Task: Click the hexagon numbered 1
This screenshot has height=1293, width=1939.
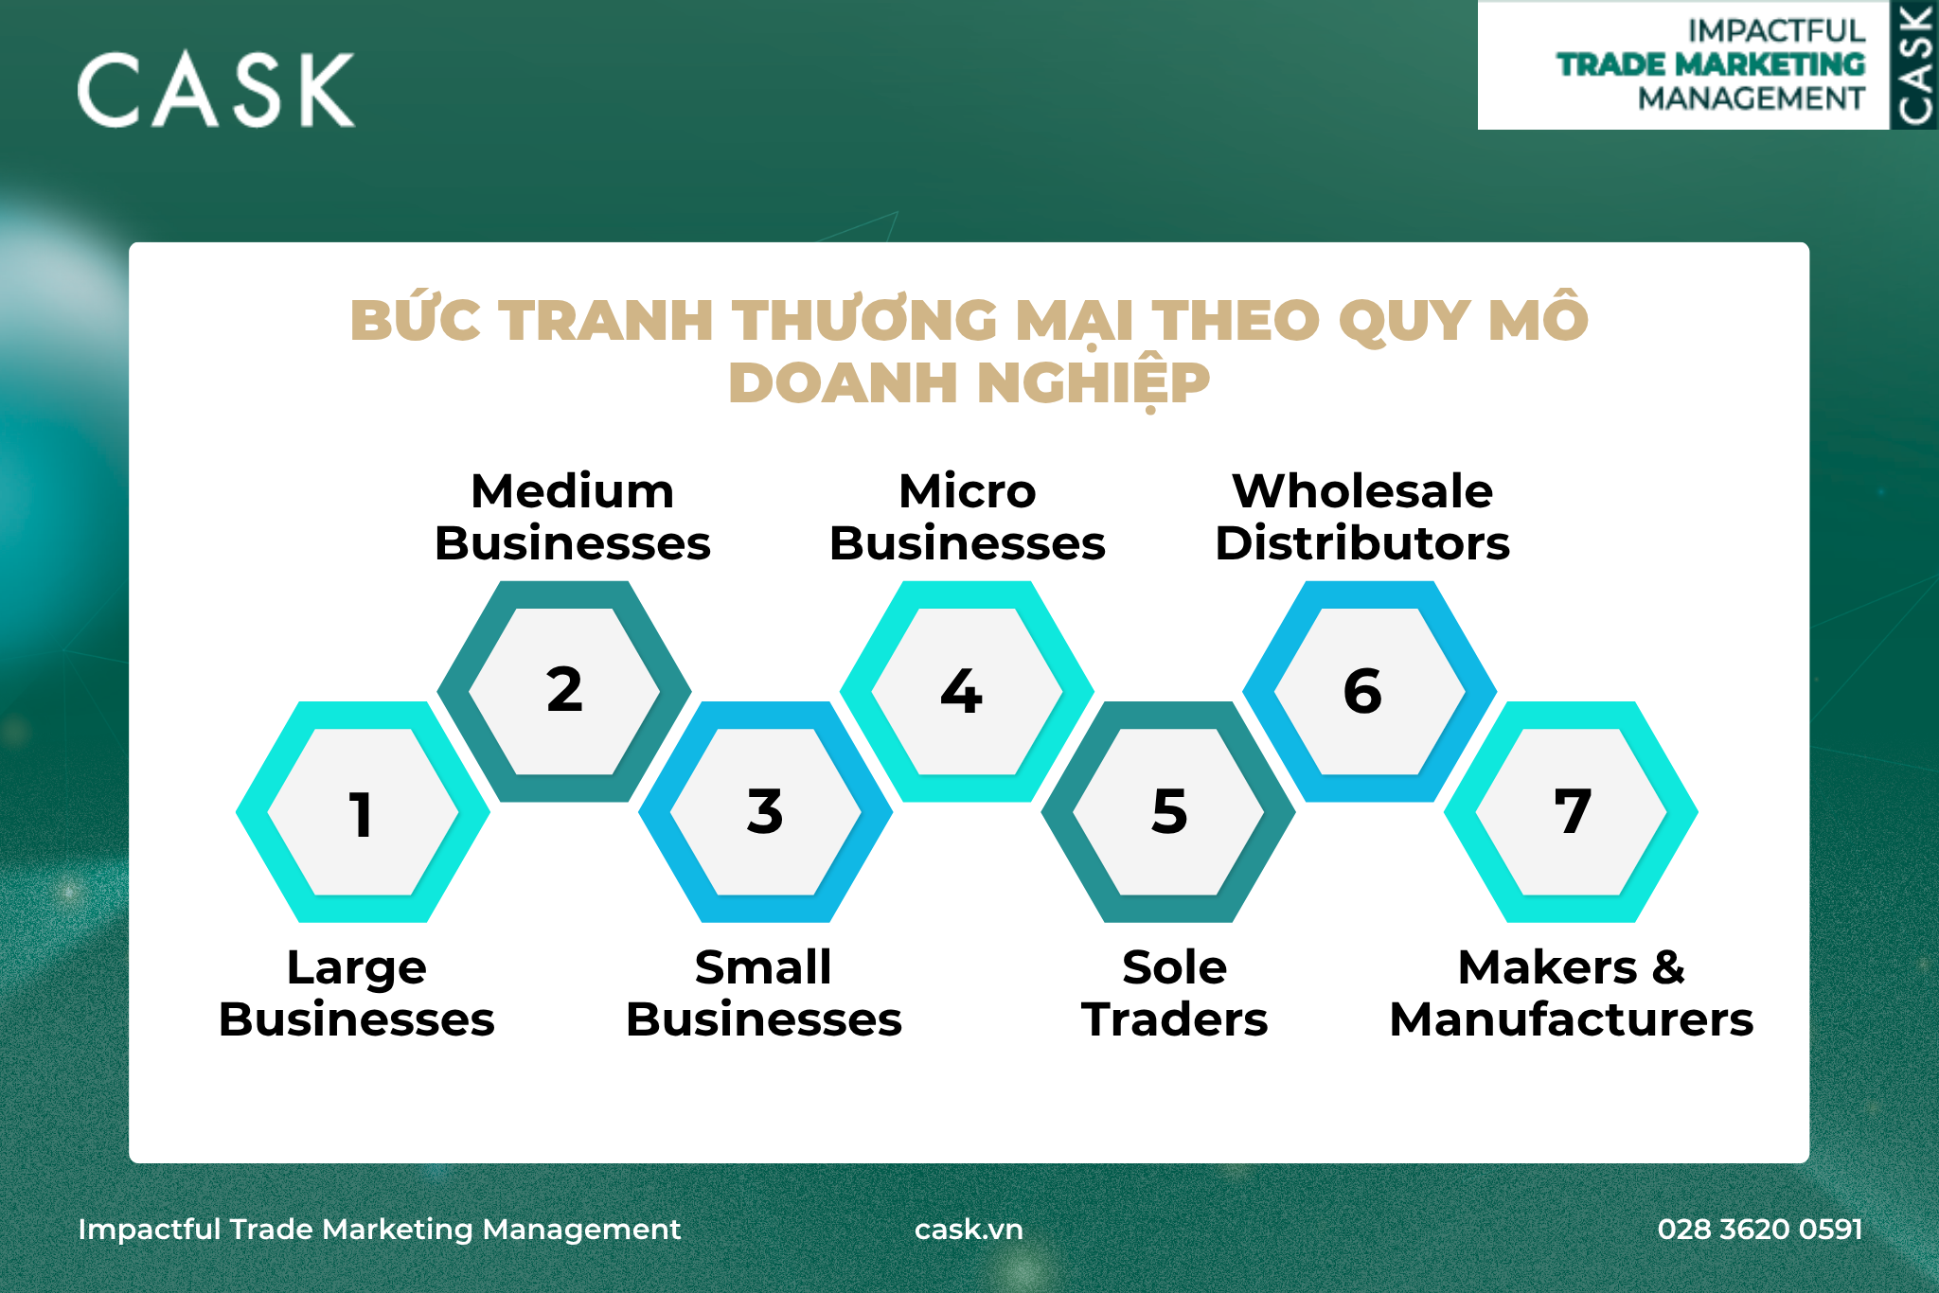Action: pyautogui.click(x=363, y=812)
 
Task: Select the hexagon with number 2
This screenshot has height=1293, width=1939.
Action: pyautogui.click(x=564, y=692)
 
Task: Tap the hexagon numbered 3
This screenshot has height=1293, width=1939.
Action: pyautogui.click(x=766, y=812)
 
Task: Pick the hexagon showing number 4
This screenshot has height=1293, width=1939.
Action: pyautogui.click(x=968, y=692)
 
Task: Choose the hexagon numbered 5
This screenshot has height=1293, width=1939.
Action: pyautogui.click(x=1168, y=812)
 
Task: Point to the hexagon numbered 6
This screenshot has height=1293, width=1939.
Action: pyautogui.click(x=1370, y=692)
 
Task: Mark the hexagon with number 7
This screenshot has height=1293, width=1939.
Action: pyautogui.click(x=1572, y=812)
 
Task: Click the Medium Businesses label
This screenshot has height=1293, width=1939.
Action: pyautogui.click(x=573, y=517)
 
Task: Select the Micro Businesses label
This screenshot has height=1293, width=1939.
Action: pyautogui.click(x=968, y=517)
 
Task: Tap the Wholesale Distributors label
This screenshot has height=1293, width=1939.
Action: pyautogui.click(x=1362, y=517)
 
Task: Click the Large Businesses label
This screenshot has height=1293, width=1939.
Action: pyautogui.click(x=357, y=993)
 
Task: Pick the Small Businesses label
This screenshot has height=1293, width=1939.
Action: pyautogui.click(x=764, y=993)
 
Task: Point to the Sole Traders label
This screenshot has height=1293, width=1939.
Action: pyautogui.click(x=1175, y=993)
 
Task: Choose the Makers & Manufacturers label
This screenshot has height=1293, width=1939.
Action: pyautogui.click(x=1572, y=993)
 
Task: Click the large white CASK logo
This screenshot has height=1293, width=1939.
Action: pyautogui.click(x=216, y=90)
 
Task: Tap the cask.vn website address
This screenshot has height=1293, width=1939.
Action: pyautogui.click(x=969, y=1229)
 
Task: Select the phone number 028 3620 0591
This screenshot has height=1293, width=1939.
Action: pyautogui.click(x=1760, y=1229)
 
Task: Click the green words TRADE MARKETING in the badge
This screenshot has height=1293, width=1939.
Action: pyautogui.click(x=1711, y=64)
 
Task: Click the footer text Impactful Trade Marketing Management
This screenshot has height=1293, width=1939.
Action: pyautogui.click(x=379, y=1230)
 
